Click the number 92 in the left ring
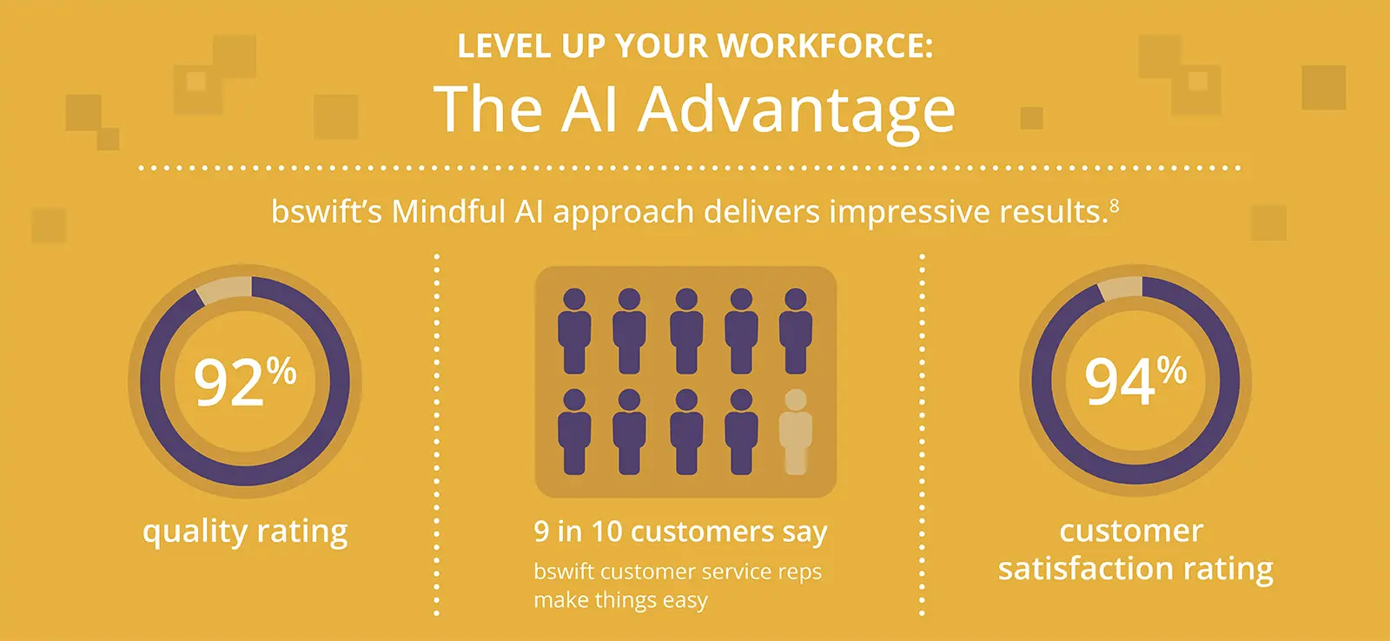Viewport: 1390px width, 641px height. (x=228, y=383)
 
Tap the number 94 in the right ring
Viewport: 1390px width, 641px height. (x=1120, y=383)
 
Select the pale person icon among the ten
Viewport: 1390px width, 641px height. (x=795, y=432)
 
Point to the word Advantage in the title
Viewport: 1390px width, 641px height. (x=797, y=110)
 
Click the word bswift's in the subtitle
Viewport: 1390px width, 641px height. (x=326, y=212)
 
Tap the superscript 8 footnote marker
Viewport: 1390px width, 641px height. (x=1114, y=206)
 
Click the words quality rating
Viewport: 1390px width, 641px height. (x=245, y=532)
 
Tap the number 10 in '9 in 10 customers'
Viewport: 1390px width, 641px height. (x=606, y=532)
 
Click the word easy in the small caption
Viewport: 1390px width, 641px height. (x=684, y=600)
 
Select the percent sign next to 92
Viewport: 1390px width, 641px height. (x=281, y=372)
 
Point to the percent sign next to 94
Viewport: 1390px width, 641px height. (x=1172, y=371)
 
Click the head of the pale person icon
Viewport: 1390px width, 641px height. (x=795, y=400)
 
